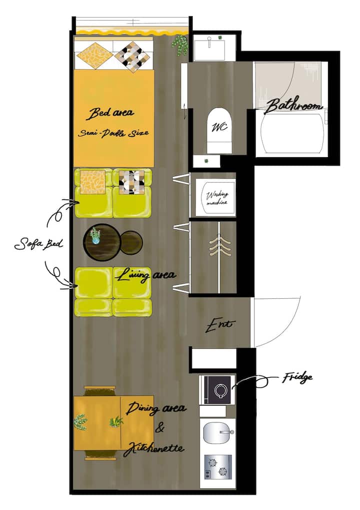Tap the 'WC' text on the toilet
[219, 127]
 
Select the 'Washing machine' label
[217, 198]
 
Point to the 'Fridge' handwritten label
[297, 377]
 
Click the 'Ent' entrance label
[220, 324]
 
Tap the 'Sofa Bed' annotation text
[39, 244]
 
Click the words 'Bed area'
[110, 113]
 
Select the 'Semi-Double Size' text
[113, 133]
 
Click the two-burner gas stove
[218, 467]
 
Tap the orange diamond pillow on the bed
[94, 55]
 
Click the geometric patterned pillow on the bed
[132, 56]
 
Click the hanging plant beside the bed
[180, 45]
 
